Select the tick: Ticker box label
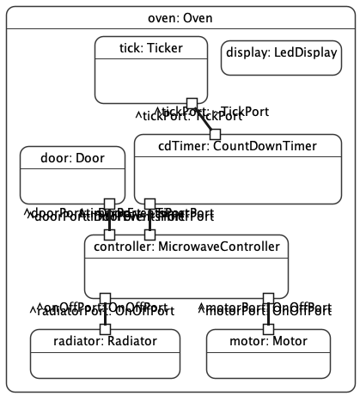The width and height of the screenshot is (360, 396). [x=150, y=49]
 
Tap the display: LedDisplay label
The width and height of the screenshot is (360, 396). [x=270, y=52]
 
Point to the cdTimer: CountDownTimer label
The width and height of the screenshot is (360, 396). [x=226, y=146]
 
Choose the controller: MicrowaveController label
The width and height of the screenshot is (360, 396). [x=186, y=247]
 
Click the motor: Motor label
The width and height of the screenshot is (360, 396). [x=268, y=341]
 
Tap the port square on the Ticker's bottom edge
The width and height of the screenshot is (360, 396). [x=192, y=103]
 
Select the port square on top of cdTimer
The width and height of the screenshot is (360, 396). [x=215, y=133]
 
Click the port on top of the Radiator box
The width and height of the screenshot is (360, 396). [x=106, y=328]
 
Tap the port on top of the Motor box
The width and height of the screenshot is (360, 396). [x=268, y=328]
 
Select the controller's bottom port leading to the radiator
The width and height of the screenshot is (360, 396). [x=106, y=298]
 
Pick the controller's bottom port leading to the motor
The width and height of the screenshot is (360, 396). [x=268, y=298]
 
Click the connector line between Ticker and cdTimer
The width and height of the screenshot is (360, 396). [x=204, y=119]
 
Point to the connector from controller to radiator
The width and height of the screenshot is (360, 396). [x=106, y=314]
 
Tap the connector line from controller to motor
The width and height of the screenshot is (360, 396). [x=268, y=314]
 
